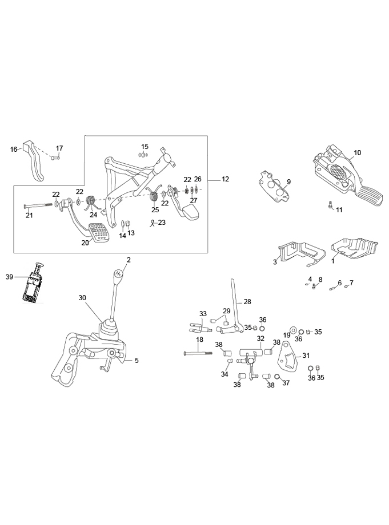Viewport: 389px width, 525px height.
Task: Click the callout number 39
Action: (x=9, y=277)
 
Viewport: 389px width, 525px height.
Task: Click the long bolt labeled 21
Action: (x=38, y=205)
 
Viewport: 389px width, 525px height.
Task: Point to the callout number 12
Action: (x=225, y=179)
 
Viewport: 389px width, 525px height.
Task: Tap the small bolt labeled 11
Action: (x=331, y=206)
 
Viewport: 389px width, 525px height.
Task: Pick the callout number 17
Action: (x=59, y=148)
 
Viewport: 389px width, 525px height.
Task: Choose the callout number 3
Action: (x=275, y=262)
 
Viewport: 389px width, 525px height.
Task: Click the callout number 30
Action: (x=82, y=298)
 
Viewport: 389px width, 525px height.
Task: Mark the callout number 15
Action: (x=145, y=147)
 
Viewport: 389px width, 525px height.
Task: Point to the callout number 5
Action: (x=137, y=360)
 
